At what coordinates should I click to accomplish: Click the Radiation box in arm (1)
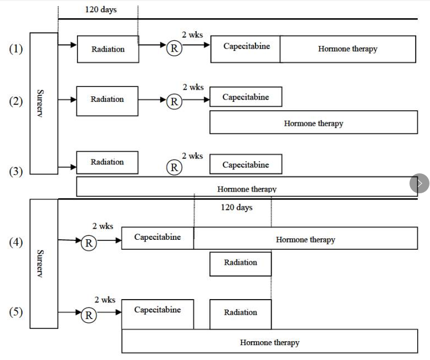pyautogui.click(x=107, y=49)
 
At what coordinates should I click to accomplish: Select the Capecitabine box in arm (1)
pyautogui.click(x=245, y=49)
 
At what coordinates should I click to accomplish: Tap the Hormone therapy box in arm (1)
pyautogui.click(x=347, y=49)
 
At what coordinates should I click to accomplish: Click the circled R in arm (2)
pyautogui.click(x=174, y=101)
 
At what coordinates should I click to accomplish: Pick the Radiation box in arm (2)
pyautogui.click(x=107, y=100)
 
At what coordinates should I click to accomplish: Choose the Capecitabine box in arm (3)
pyautogui.click(x=245, y=164)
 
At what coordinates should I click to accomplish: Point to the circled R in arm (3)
pyautogui.click(x=174, y=167)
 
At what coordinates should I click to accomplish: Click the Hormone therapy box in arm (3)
pyautogui.click(x=247, y=187)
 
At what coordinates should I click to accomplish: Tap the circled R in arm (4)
pyautogui.click(x=89, y=243)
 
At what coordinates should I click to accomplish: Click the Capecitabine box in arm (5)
pyautogui.click(x=157, y=313)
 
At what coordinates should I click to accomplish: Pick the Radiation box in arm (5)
pyautogui.click(x=240, y=314)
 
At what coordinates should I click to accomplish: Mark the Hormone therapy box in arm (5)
pyautogui.click(x=269, y=341)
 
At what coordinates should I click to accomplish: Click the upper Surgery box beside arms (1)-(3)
pyautogui.click(x=43, y=103)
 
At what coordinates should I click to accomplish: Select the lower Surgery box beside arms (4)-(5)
pyautogui.click(x=43, y=264)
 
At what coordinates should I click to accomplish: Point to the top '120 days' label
pyautogui.click(x=100, y=10)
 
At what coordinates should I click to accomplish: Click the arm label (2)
pyautogui.click(x=16, y=101)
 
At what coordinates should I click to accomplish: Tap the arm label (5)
pyautogui.click(x=16, y=312)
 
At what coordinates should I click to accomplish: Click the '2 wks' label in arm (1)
pyautogui.click(x=192, y=35)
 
